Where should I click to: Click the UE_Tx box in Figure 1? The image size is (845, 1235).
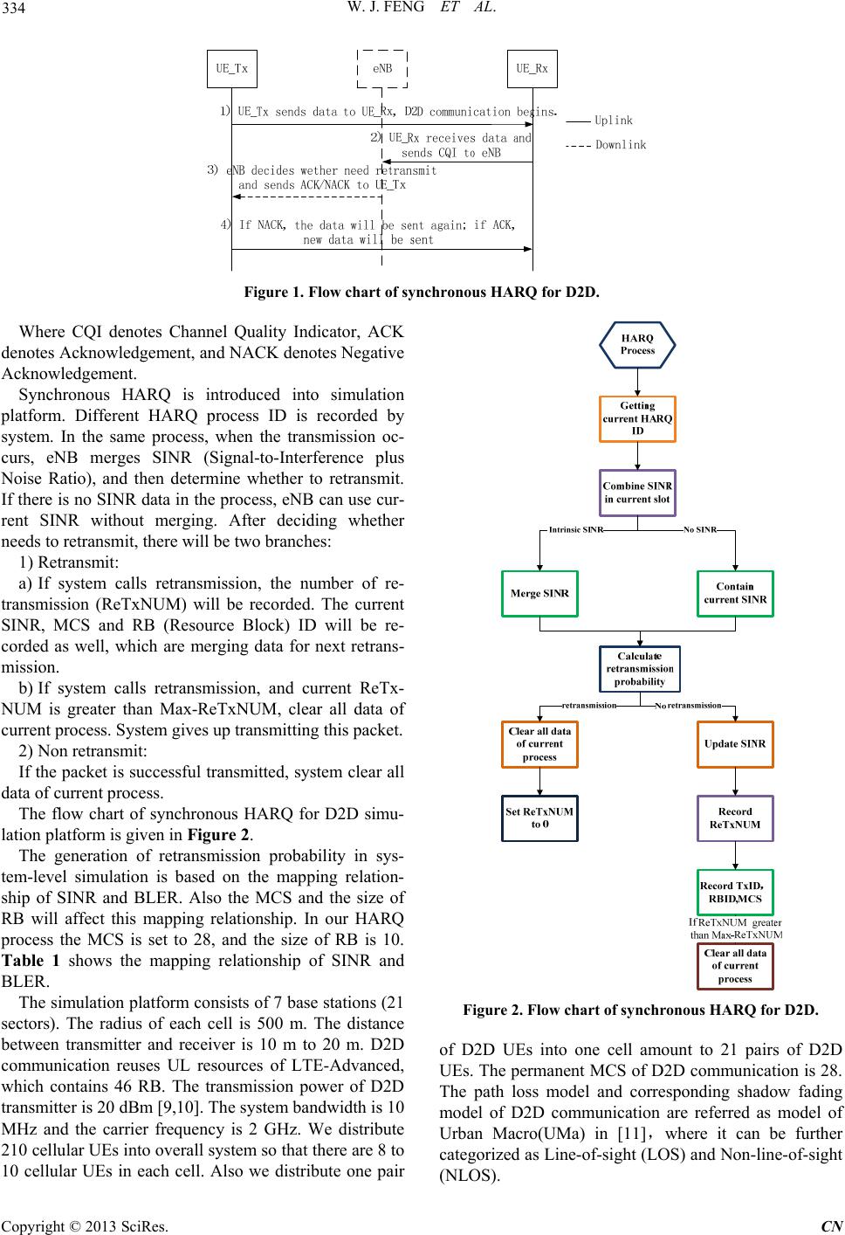pos(231,68)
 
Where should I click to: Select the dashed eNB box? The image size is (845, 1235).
pos(382,68)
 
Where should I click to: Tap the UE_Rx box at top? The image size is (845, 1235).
pos(532,68)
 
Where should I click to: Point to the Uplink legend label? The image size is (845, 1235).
pos(613,121)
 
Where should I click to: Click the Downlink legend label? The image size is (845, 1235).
pos(621,145)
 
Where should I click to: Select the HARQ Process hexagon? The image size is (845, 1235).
pos(637,344)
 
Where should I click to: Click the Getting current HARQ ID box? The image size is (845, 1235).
pos(637,418)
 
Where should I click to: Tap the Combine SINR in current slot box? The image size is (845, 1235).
pos(637,493)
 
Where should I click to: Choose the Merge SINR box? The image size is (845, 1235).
pos(539,594)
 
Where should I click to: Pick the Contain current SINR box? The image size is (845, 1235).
pos(735,594)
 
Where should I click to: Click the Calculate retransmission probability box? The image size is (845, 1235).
pos(639,669)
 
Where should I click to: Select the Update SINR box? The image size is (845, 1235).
pos(735,744)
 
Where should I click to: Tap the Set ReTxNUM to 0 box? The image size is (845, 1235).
pos(539,818)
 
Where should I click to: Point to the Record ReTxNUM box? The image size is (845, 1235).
pos(735,818)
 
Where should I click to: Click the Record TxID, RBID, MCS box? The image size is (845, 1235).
pos(735,892)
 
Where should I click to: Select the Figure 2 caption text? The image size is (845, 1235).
pos(640,1011)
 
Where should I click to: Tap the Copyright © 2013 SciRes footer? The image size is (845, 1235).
pos(86,1225)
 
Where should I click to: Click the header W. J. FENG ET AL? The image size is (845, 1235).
pos(422,12)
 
